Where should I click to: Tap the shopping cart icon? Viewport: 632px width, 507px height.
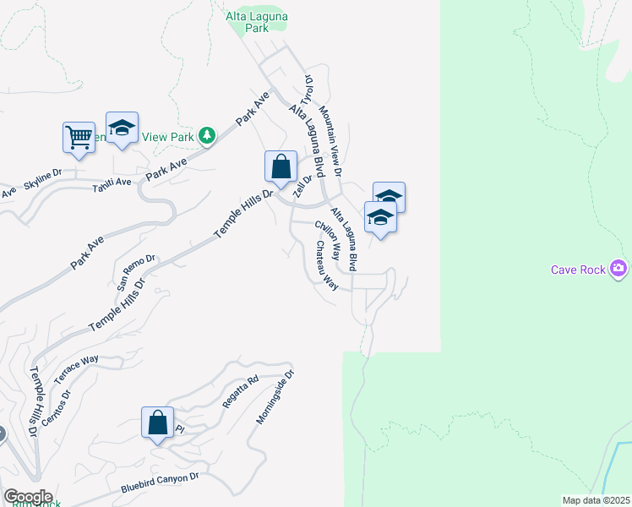(79, 137)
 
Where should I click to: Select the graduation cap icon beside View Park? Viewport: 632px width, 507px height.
(122, 128)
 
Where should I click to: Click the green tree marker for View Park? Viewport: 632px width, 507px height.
(206, 135)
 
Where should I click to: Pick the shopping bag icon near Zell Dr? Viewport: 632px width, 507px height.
(281, 166)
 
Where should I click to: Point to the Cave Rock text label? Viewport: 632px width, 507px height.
(579, 270)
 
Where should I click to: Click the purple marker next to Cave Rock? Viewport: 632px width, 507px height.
(619, 269)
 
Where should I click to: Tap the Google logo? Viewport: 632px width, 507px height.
(28, 497)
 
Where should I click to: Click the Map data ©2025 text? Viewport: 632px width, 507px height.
(596, 500)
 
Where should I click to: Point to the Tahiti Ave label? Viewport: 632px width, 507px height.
(112, 183)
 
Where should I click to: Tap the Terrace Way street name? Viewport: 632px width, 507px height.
(76, 371)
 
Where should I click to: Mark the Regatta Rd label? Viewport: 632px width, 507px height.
(239, 392)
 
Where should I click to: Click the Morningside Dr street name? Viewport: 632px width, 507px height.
(276, 396)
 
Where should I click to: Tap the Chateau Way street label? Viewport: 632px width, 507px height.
(326, 265)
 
